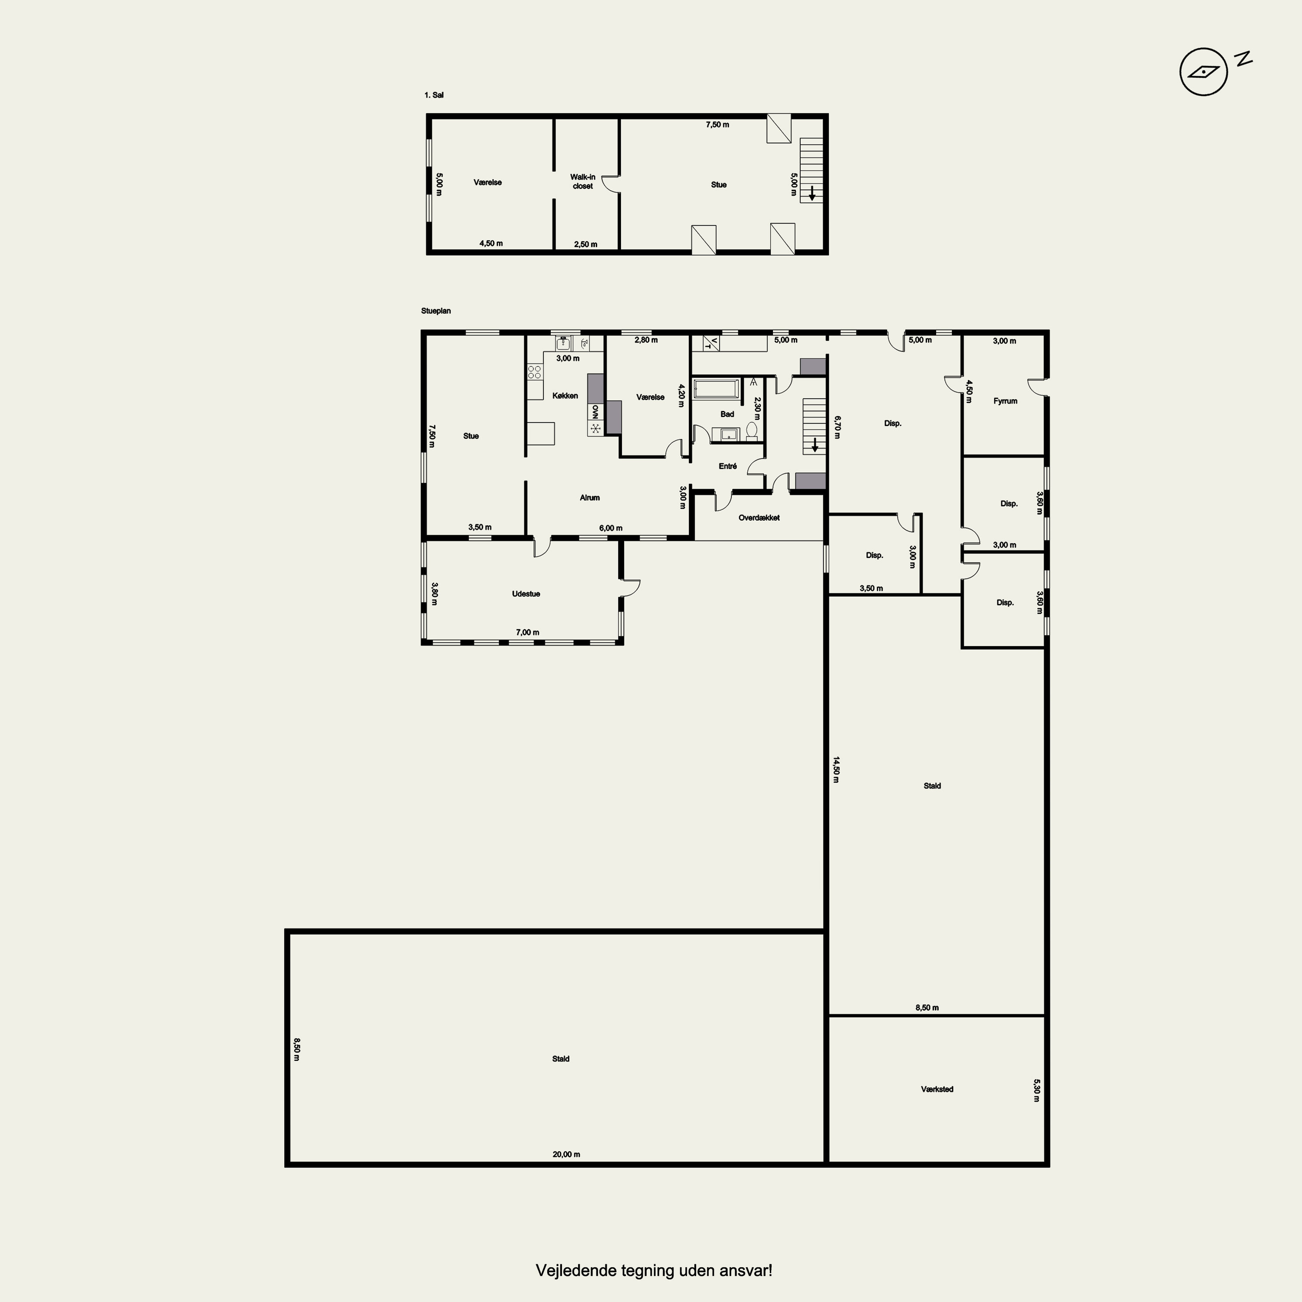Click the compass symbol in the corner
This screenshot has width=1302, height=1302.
pyautogui.click(x=1203, y=72)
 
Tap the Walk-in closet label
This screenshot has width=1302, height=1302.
pyautogui.click(x=583, y=182)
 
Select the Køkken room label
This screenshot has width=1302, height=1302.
pyautogui.click(x=565, y=395)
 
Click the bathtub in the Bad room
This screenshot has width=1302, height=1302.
pyautogui.click(x=717, y=389)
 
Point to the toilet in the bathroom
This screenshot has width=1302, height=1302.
pyautogui.click(x=752, y=431)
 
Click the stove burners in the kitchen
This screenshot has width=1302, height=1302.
pyautogui.click(x=534, y=372)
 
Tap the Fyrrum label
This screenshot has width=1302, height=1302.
pyautogui.click(x=1005, y=401)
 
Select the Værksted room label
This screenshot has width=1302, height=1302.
pyautogui.click(x=937, y=1089)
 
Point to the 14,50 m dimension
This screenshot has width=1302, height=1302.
pyautogui.click(x=835, y=769)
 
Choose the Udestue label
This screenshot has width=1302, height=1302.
pyautogui.click(x=526, y=594)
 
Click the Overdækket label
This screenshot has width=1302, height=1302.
pyautogui.click(x=759, y=518)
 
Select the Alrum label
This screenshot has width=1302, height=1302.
pyautogui.click(x=590, y=497)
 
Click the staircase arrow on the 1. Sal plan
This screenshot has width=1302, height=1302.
pyautogui.click(x=812, y=194)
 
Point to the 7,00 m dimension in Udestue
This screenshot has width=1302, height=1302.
pyautogui.click(x=528, y=632)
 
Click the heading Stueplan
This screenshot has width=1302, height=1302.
pyautogui.click(x=436, y=311)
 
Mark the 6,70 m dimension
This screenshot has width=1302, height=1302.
pyautogui.click(x=837, y=427)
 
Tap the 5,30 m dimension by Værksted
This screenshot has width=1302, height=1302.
pyautogui.click(x=1036, y=1090)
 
